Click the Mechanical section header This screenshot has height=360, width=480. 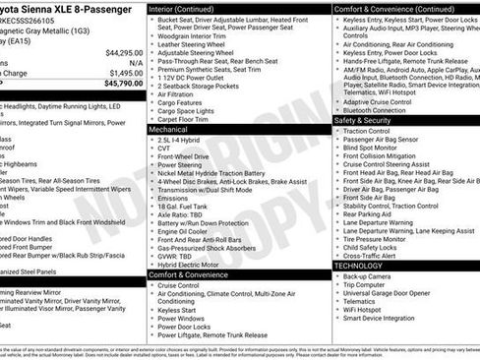pos(169,129)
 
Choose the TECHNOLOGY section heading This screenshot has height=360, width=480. pos(359,266)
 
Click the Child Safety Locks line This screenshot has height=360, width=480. pos(375,246)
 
